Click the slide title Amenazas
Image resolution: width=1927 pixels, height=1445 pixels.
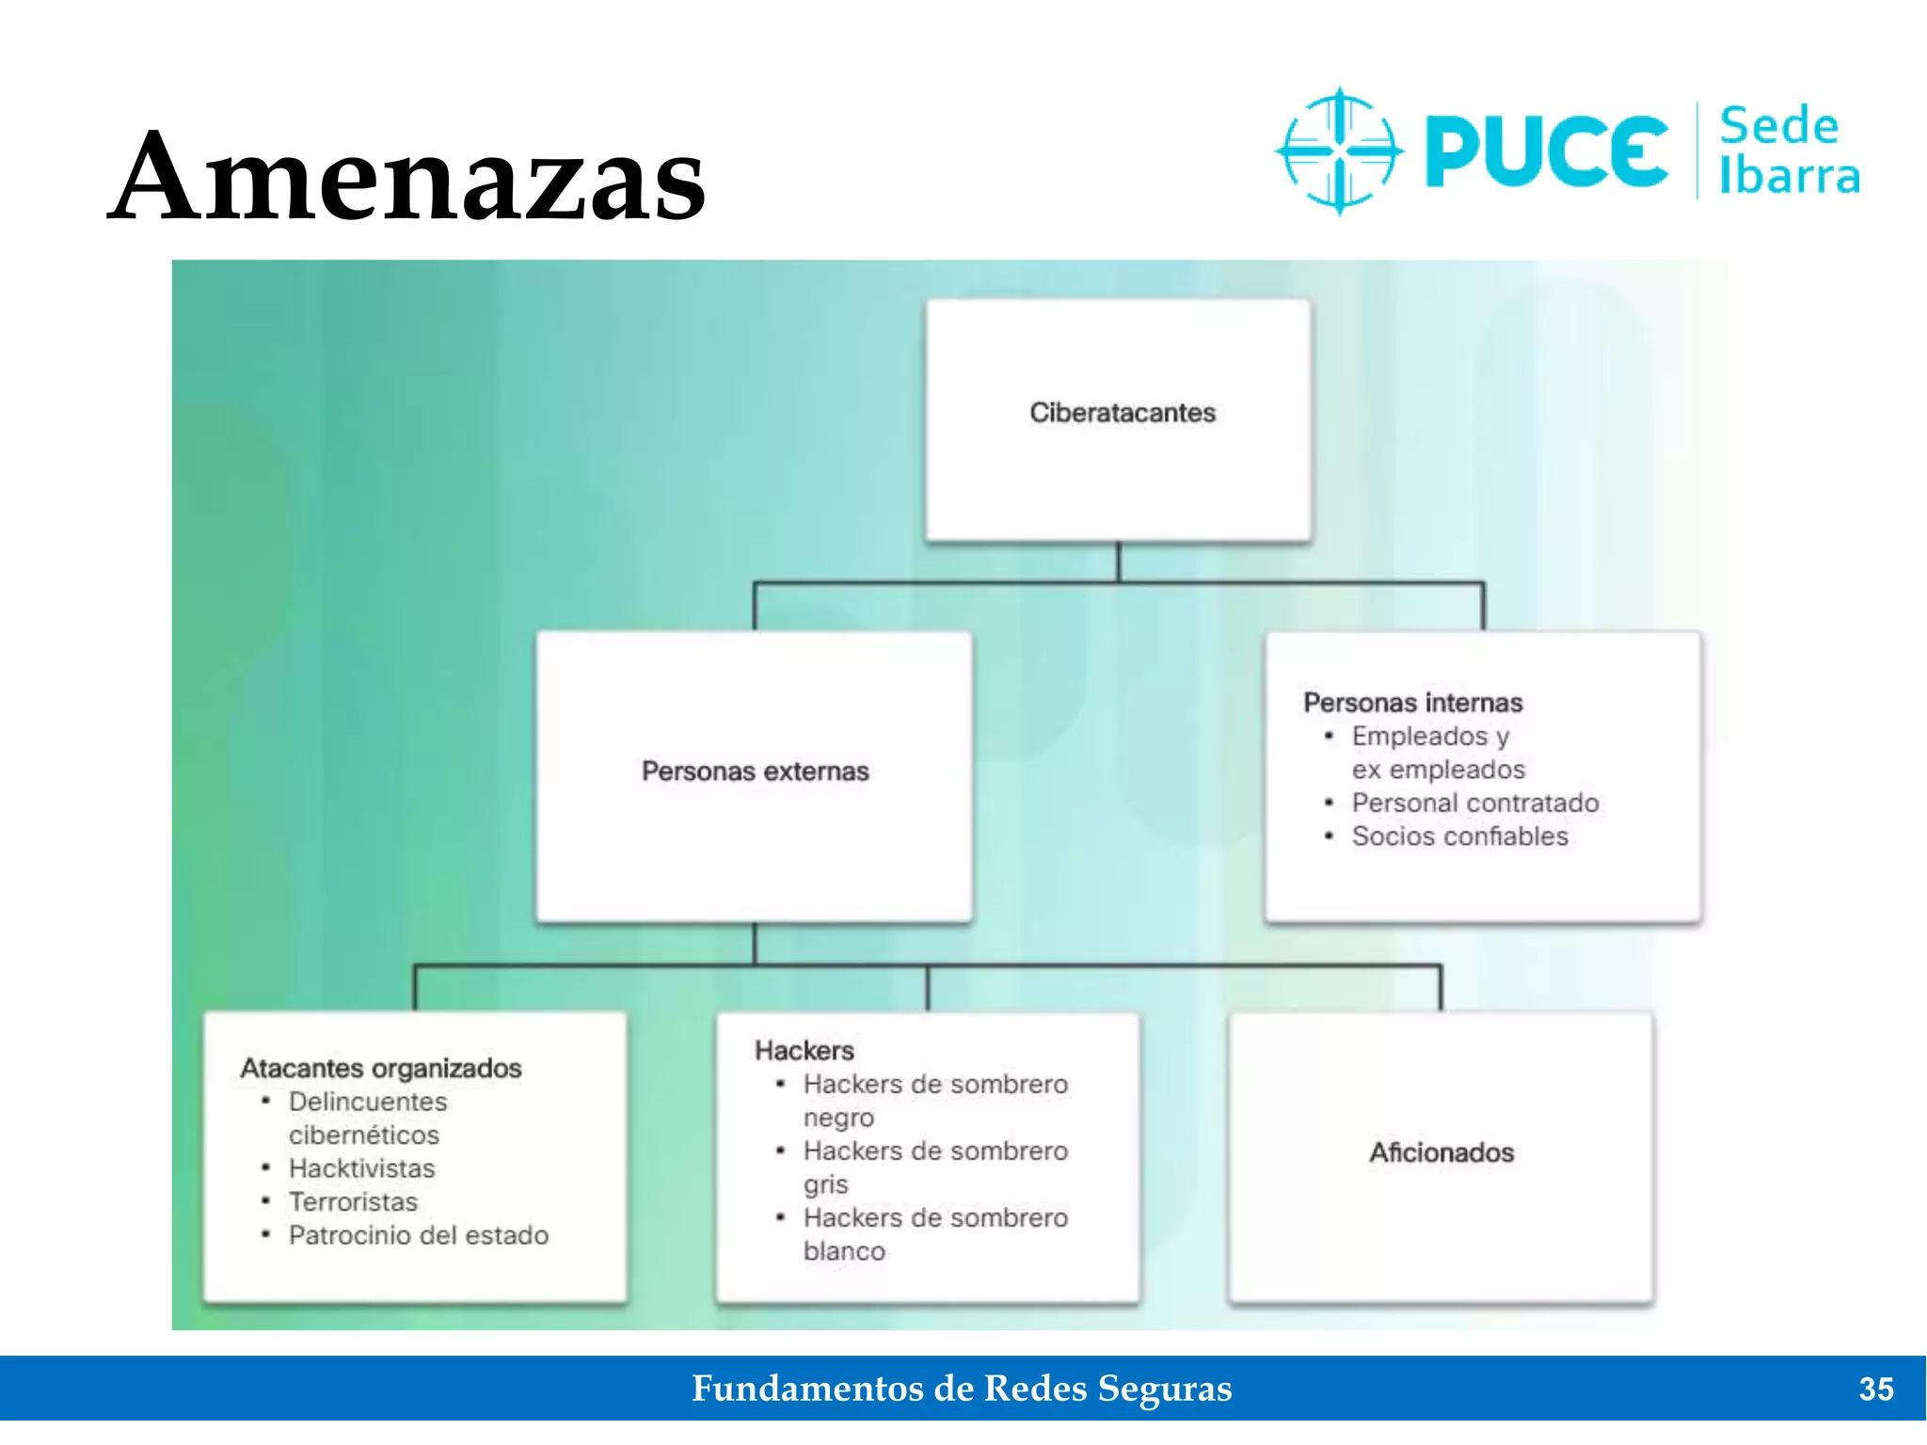[406, 177]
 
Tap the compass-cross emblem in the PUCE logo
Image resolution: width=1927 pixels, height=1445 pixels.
[1339, 151]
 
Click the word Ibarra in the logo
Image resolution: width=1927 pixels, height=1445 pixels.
[1789, 176]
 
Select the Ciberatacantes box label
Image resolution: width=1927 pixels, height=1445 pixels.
[1123, 412]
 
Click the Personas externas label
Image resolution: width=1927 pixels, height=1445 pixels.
[755, 771]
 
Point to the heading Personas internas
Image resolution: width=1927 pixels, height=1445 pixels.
[1412, 703]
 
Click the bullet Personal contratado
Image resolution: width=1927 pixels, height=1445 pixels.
[1474, 802]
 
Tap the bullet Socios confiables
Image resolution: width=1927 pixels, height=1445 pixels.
[1459, 836]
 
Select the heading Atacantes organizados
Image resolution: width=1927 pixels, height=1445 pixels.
[381, 1068]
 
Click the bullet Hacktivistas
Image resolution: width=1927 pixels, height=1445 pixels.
[361, 1168]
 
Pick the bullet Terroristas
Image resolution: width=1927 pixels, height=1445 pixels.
[353, 1201]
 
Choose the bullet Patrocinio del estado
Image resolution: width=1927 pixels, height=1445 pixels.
[418, 1235]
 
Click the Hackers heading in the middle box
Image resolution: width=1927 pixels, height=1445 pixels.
[804, 1050]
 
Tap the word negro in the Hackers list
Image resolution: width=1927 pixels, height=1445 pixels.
[838, 1118]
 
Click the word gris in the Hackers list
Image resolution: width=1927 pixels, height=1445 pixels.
[825, 1184]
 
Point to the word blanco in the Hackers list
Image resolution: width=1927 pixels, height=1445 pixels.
[844, 1251]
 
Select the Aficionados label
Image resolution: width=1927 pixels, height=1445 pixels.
[1441, 1152]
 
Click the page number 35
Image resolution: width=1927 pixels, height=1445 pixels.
[1875, 1389]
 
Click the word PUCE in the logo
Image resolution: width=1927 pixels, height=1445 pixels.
[1546, 151]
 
